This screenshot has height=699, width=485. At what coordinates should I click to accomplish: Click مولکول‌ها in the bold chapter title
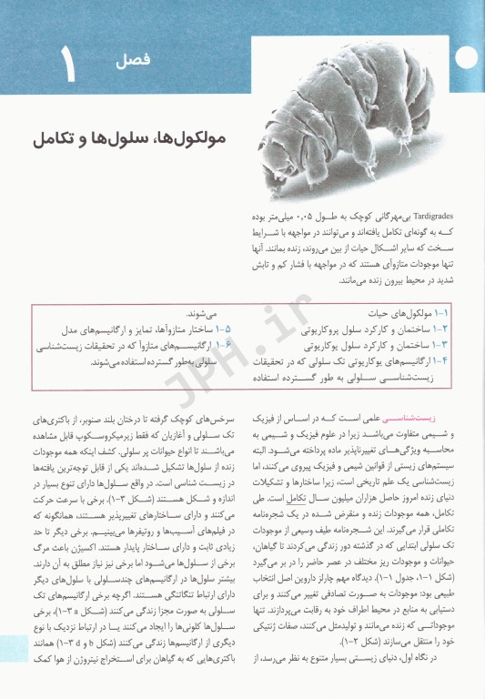click(188, 139)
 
